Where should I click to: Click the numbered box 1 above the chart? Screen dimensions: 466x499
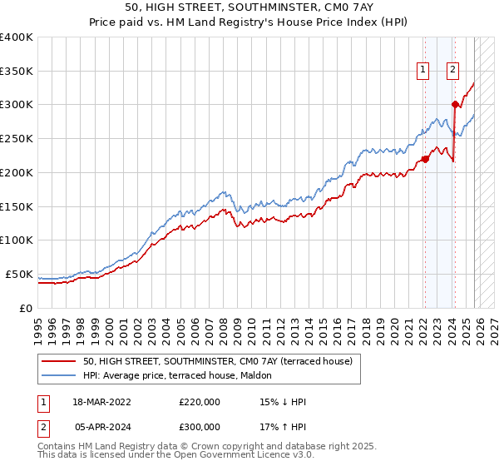[423, 71]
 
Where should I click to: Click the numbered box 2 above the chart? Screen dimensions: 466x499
[453, 71]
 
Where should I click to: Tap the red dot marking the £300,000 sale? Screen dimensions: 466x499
[455, 104]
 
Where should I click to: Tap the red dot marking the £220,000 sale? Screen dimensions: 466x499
[424, 158]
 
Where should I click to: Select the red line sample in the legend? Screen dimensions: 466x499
[58, 361]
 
